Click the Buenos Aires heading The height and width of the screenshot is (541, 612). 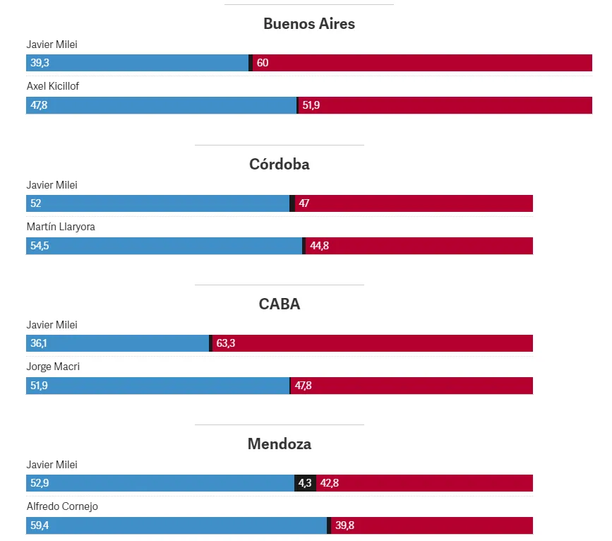308,23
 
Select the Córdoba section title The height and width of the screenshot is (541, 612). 279,164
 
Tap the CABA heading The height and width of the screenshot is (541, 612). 279,304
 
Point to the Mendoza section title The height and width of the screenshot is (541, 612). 279,444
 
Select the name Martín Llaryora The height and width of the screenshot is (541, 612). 61,227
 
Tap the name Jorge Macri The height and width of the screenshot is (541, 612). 52,367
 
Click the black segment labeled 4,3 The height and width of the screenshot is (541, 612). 305,483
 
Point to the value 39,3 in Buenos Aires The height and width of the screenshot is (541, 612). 40,63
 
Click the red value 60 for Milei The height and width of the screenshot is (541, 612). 263,63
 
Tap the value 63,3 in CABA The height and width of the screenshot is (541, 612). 226,343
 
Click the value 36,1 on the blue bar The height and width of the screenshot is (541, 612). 40,343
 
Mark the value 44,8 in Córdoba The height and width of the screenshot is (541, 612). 319,246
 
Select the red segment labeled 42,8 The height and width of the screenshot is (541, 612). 424,483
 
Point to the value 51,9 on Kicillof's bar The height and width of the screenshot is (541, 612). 311,105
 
